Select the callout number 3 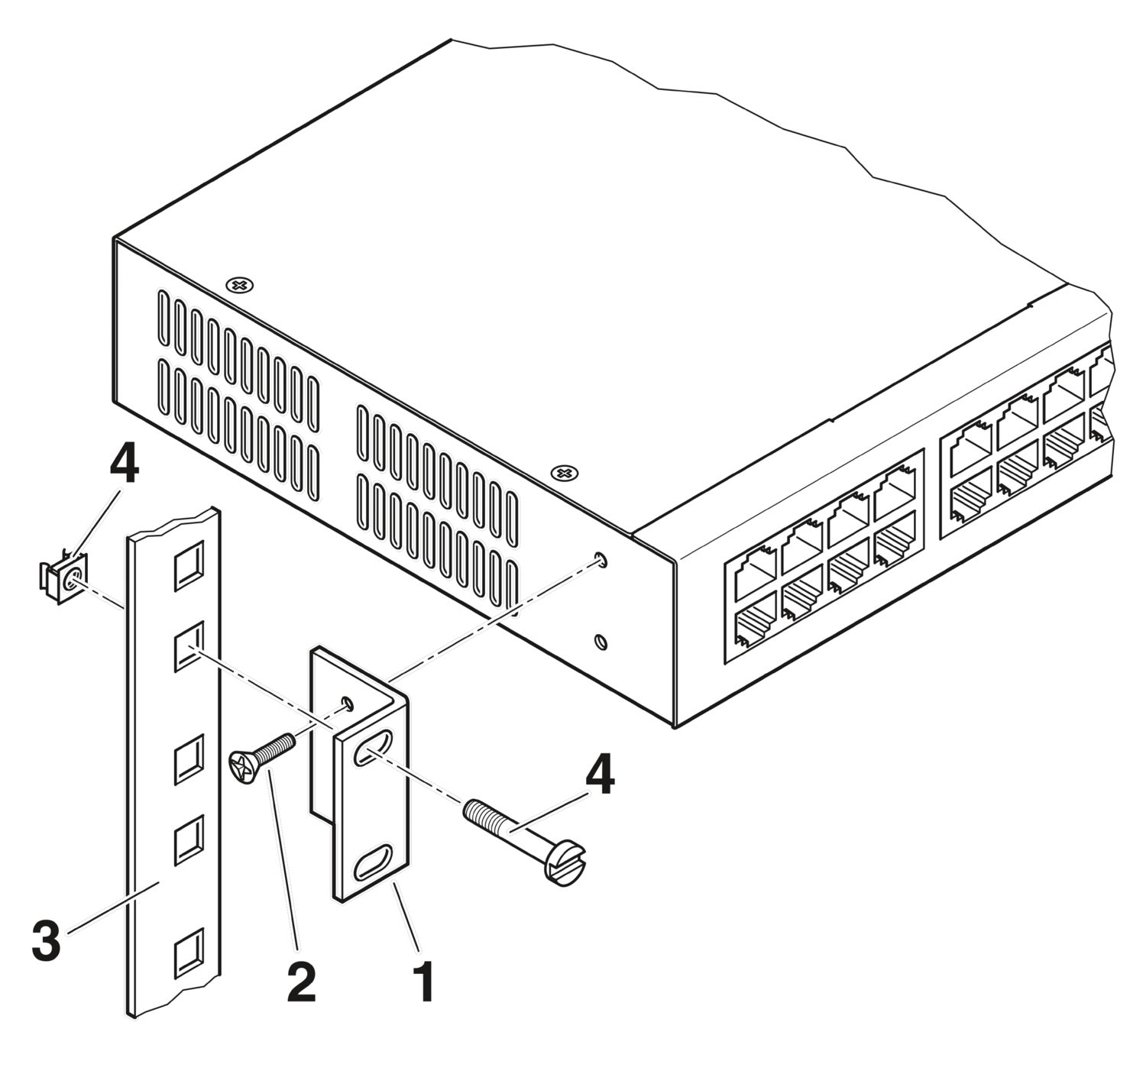tap(46, 941)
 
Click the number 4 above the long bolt tap(599, 776)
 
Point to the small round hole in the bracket tap(348, 702)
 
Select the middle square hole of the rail tap(188, 759)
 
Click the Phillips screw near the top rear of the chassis tap(240, 285)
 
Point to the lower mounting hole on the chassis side tap(601, 642)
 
